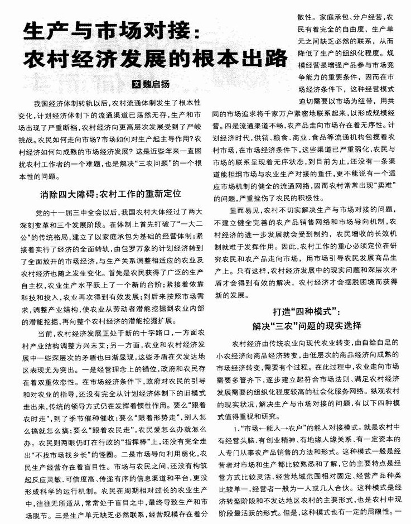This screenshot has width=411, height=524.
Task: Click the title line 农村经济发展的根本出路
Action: tap(152, 58)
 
